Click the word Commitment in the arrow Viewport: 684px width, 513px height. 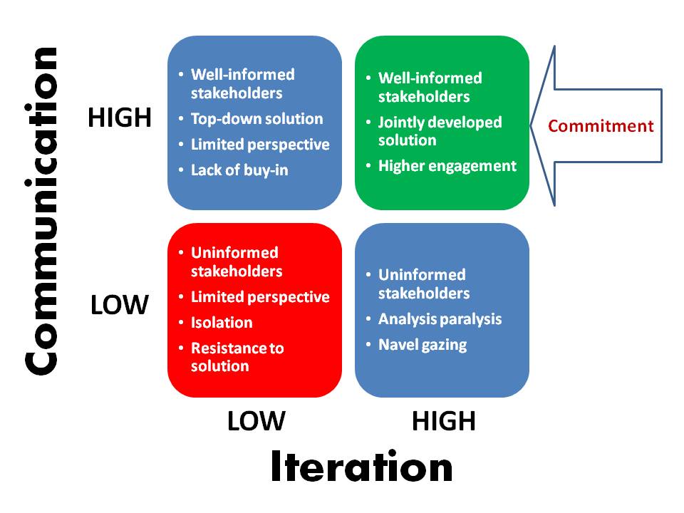tap(601, 126)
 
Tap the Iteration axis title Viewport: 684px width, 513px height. tap(362, 466)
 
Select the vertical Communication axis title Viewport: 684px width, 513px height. tap(41, 211)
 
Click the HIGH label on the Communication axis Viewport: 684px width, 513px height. tap(120, 118)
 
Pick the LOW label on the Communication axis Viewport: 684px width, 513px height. tap(120, 304)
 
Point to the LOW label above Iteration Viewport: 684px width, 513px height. tap(256, 421)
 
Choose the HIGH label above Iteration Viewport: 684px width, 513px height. tap(444, 421)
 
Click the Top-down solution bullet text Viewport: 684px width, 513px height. tap(257, 119)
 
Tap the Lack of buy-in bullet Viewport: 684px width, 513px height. tap(239, 170)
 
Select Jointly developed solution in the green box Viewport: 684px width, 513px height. tap(440, 131)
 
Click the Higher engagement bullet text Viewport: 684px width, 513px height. tap(447, 166)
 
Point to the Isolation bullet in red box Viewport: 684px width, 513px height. tap(222, 322)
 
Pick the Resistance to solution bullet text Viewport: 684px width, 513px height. tap(237, 357)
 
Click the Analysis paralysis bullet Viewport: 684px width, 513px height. tap(440, 319)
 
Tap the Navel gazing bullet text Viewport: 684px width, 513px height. tap(423, 345)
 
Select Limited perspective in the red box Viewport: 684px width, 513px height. tap(260, 297)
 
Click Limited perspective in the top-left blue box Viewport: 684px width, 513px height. tap(260, 145)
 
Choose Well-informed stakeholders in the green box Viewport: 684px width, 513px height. tap(430, 87)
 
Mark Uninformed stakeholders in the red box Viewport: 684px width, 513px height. tap(237, 261)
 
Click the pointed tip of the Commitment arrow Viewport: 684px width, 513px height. tap(531, 125)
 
